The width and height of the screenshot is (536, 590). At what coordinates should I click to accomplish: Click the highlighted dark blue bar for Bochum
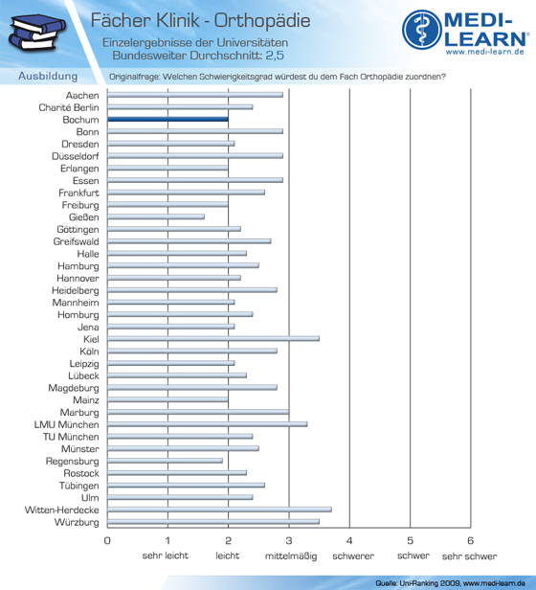click(167, 120)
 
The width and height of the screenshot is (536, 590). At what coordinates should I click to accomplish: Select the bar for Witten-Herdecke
click(219, 510)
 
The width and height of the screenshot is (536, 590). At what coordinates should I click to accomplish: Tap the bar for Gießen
click(156, 216)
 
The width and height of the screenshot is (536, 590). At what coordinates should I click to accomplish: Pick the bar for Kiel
click(213, 339)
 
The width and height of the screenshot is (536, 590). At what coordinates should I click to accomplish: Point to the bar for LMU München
click(208, 424)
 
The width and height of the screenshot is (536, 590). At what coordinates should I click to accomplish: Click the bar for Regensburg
click(165, 461)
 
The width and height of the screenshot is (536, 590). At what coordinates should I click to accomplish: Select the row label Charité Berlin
click(69, 107)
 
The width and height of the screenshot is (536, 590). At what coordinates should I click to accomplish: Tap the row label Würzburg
click(77, 522)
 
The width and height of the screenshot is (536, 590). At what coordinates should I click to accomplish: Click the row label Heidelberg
click(76, 290)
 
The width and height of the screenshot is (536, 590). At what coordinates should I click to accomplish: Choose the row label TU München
click(71, 437)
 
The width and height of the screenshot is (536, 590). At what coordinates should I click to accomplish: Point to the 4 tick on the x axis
click(349, 541)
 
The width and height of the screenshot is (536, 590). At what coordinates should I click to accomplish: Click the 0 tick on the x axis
click(107, 541)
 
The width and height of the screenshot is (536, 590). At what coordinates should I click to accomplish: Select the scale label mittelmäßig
click(291, 556)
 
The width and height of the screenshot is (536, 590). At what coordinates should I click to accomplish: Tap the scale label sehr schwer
click(469, 556)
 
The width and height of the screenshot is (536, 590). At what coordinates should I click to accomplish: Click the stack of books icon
click(36, 32)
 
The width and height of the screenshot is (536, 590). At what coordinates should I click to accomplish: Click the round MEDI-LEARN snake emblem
click(422, 30)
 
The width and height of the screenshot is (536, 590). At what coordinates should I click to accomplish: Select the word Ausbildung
click(48, 76)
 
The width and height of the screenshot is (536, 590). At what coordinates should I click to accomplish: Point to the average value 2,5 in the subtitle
click(275, 56)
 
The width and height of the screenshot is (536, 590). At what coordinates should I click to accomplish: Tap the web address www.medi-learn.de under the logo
click(485, 52)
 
